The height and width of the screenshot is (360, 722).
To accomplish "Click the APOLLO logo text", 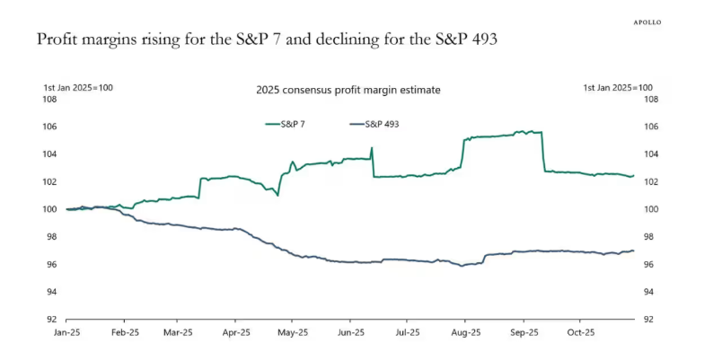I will (x=647, y=22).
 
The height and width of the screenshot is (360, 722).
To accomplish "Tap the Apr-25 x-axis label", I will (x=234, y=332).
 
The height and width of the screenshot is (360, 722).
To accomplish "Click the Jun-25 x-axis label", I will (x=349, y=332).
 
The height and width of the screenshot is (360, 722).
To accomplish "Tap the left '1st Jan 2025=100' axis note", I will (x=78, y=87).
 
